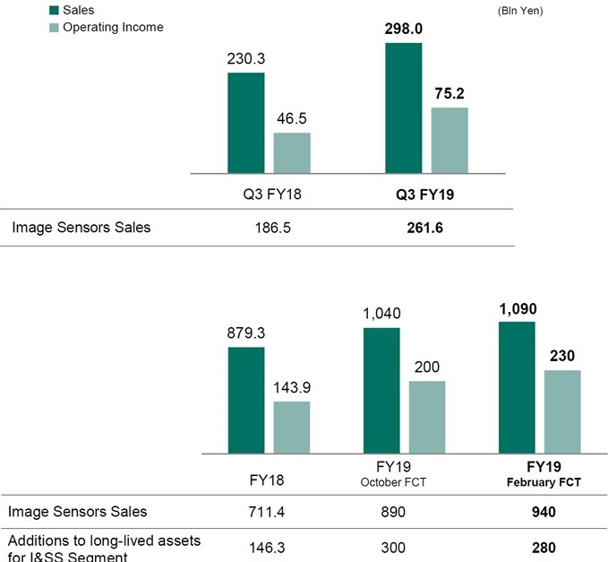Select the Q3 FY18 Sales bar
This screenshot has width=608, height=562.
245,122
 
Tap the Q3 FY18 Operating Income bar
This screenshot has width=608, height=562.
292,152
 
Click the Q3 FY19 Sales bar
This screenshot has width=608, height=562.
403,107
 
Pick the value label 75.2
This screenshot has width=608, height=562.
450,93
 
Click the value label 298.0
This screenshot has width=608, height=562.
403,27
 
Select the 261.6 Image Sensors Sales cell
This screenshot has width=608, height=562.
426,228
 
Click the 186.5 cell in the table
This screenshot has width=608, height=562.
269,228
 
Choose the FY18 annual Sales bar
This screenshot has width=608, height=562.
245,400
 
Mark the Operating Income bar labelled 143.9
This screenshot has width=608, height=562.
292,427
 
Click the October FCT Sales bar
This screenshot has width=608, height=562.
381,390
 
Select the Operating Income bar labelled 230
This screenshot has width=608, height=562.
562,411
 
